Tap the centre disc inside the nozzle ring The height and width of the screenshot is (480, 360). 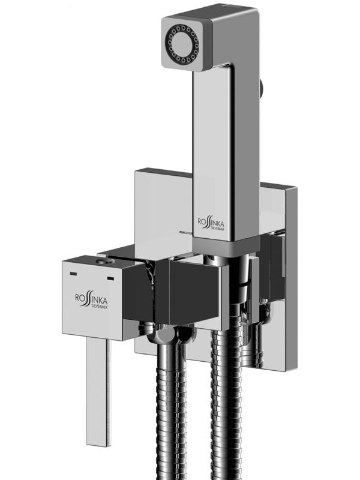182,41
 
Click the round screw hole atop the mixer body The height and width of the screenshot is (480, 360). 104,261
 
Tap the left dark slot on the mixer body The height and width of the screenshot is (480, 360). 73,273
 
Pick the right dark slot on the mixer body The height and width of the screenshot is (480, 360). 110,278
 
